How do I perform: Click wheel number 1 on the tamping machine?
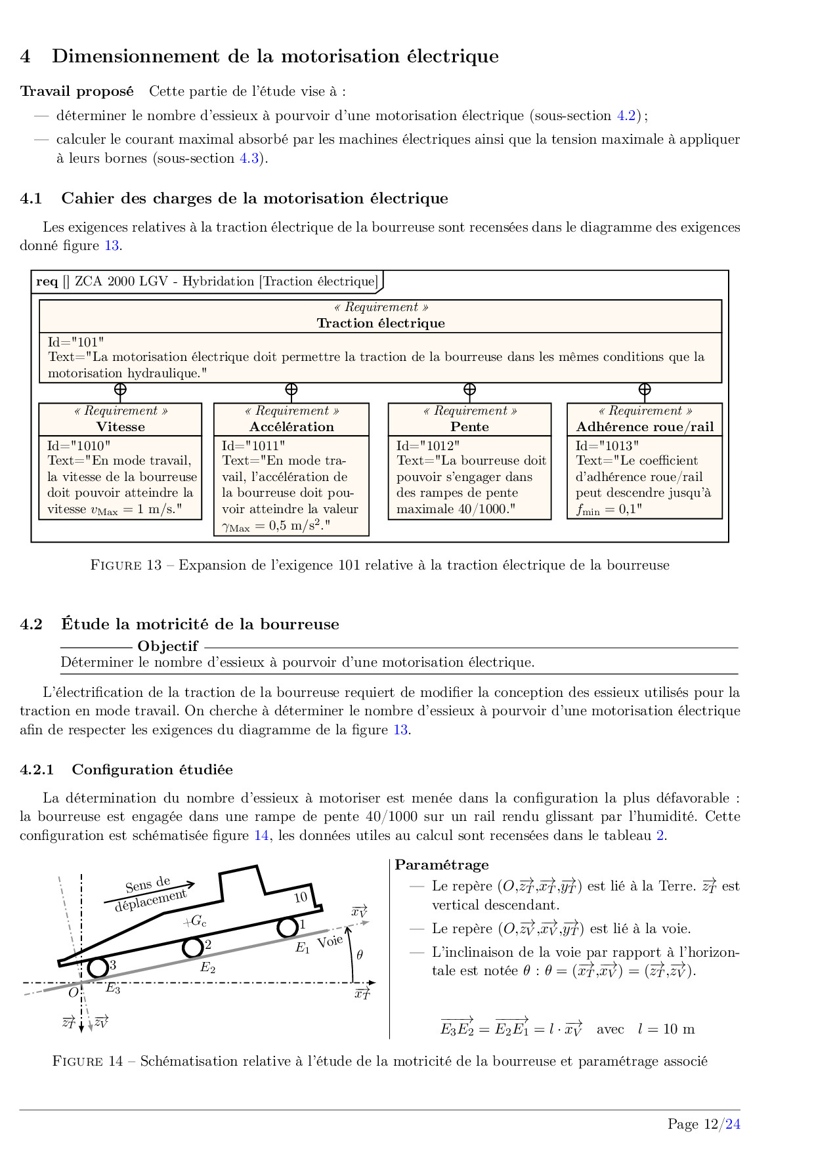tap(287, 927)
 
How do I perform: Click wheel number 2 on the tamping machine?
tap(192, 947)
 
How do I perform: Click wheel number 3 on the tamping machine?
tap(98, 967)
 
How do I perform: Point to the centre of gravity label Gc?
tap(196, 921)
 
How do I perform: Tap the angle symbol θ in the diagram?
tap(360, 955)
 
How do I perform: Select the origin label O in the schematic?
tap(73, 992)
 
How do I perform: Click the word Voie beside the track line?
tap(330, 942)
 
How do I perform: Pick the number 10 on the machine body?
tap(301, 897)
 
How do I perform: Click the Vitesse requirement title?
tap(121, 427)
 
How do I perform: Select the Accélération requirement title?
tap(291, 427)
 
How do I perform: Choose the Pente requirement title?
tap(469, 427)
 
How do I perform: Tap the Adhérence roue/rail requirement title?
tap(645, 427)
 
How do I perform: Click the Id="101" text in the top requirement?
tap(76, 342)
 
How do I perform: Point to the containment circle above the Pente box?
tap(469, 389)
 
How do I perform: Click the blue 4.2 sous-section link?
tap(626, 115)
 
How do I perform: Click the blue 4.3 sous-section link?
tap(249, 158)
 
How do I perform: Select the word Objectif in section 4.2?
tap(167, 646)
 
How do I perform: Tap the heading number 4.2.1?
tap(37, 770)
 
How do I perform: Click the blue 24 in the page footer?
tap(733, 1124)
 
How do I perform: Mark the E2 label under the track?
tap(207, 967)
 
